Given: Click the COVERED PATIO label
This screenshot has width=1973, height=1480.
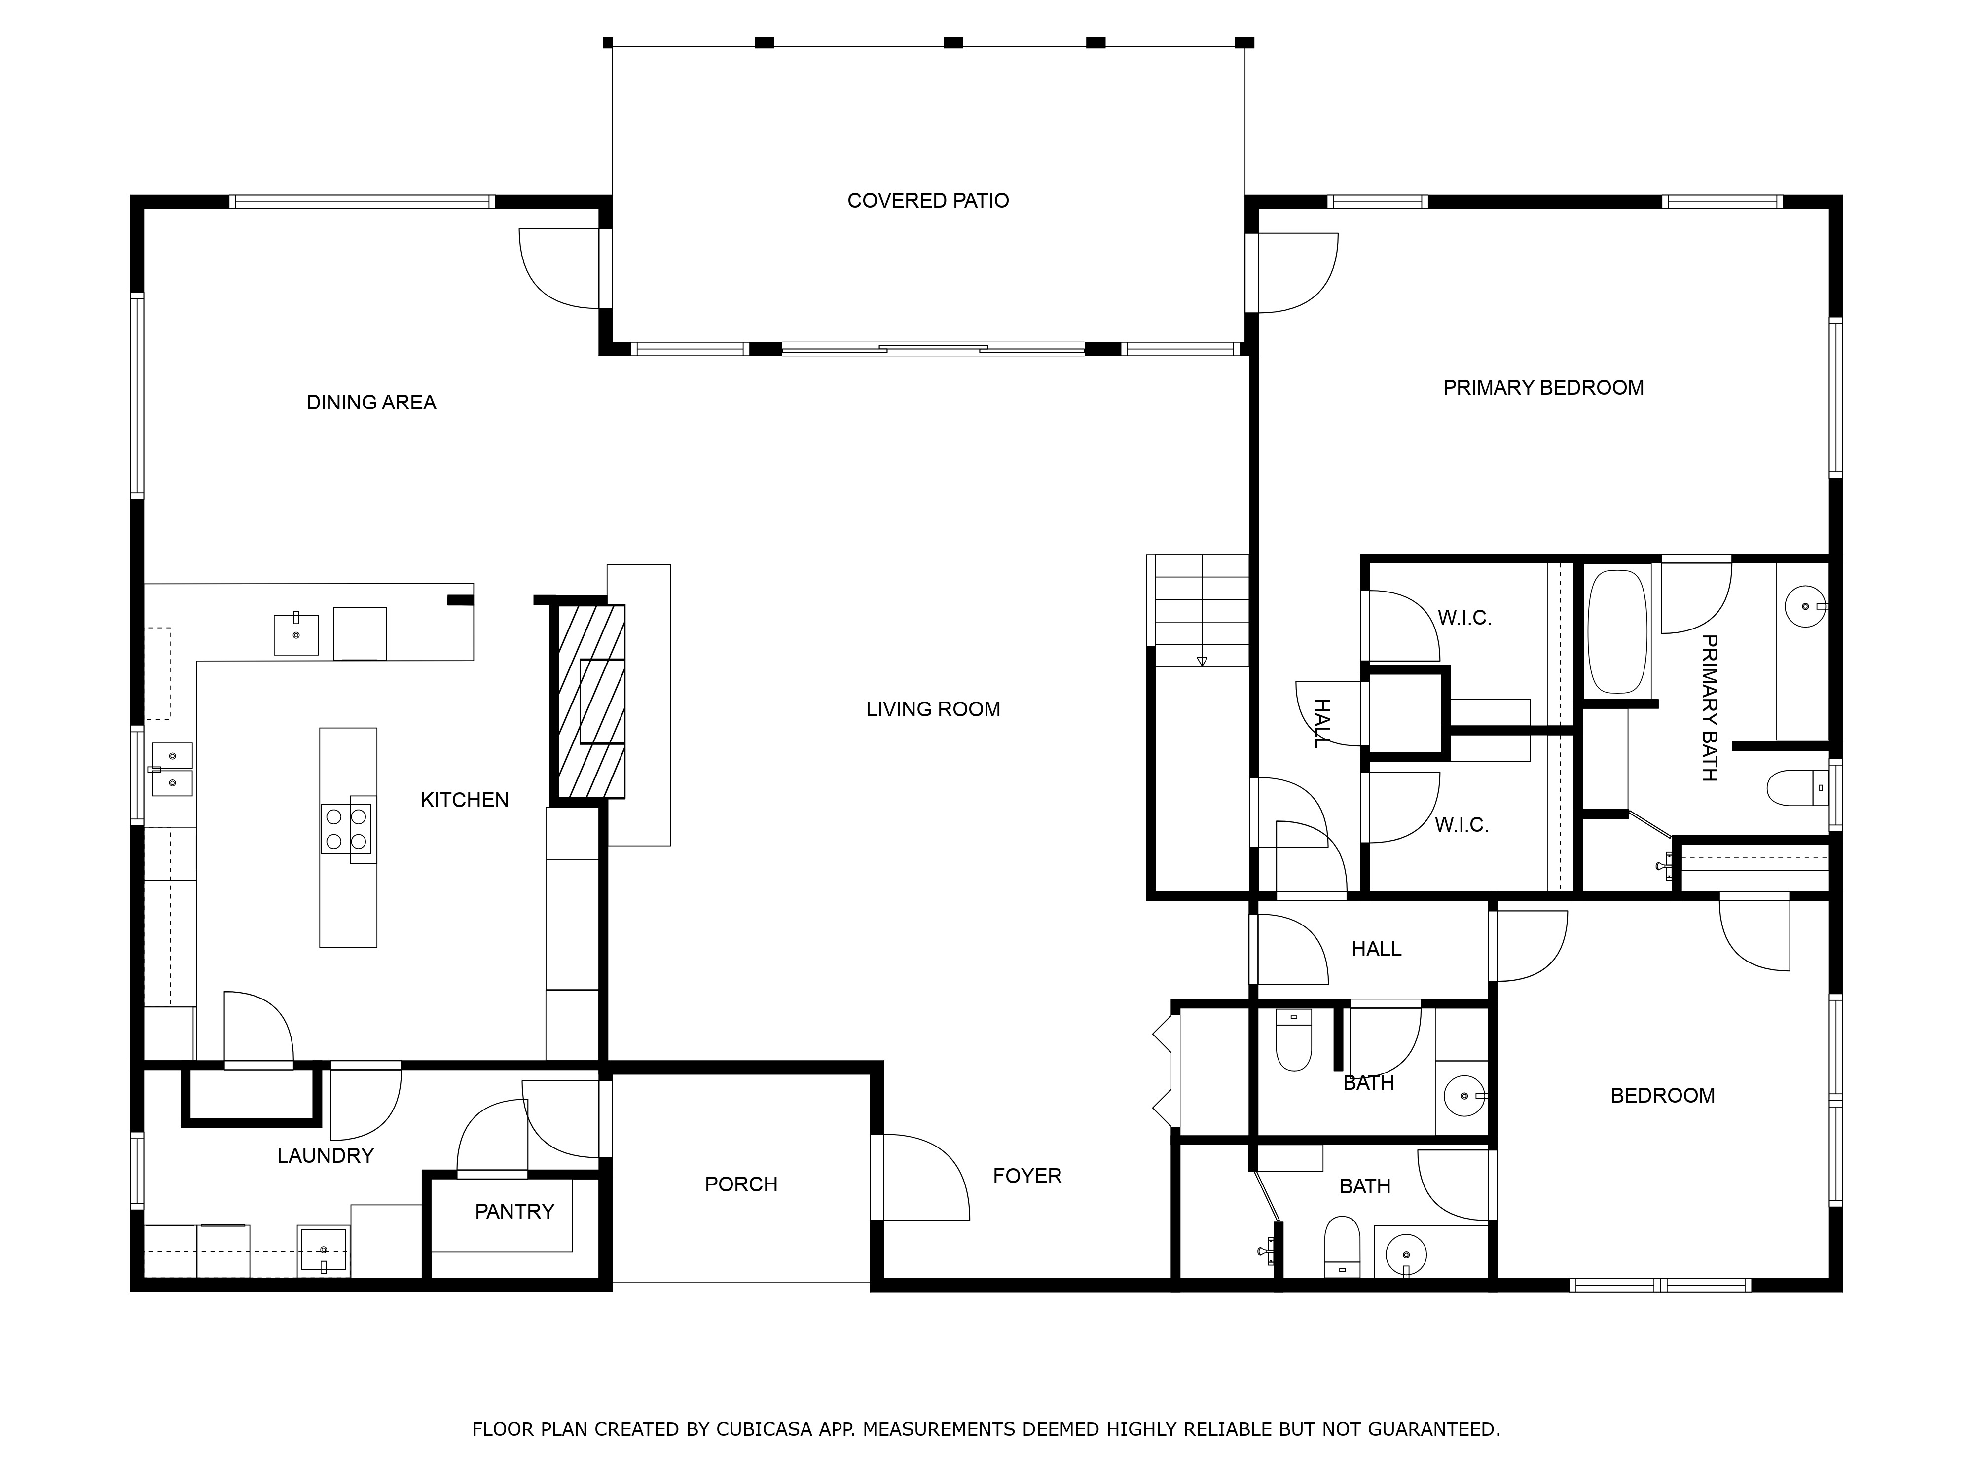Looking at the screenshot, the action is pos(928,201).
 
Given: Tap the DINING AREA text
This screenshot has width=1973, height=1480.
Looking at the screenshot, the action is pos(371,403).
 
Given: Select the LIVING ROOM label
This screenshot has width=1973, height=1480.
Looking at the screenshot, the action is pos(933,709).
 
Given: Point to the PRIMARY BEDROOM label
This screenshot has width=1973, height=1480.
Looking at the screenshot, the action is pos(1543,387).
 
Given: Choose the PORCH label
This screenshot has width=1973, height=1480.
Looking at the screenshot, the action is pos(741,1184).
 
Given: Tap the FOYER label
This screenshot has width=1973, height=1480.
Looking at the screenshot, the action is pos(1027,1176).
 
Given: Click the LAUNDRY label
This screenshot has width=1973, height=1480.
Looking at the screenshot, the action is pos(326,1155).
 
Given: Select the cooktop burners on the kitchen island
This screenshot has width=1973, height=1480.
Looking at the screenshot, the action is pos(347,829).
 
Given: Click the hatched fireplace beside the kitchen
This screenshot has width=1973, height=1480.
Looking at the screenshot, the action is pos(591,701).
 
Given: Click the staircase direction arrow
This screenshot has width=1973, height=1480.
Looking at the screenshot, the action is pos(1202,661).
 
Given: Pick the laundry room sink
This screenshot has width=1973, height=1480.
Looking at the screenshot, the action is pos(323,1250).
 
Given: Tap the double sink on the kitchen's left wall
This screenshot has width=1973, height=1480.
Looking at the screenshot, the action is pos(172,769).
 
